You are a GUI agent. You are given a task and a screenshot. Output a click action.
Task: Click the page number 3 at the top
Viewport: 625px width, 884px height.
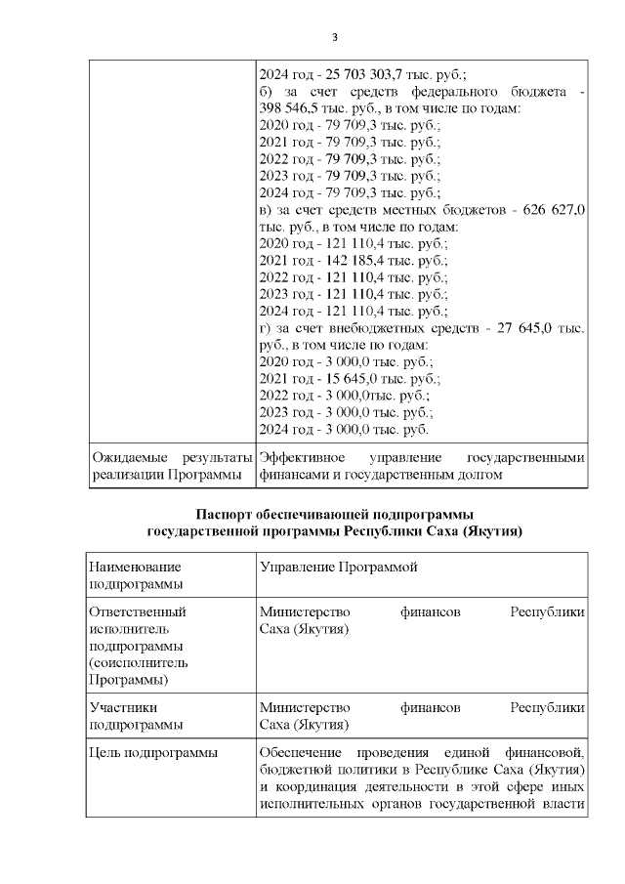(x=335, y=38)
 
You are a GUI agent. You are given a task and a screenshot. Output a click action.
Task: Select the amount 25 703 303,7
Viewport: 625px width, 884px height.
(x=375, y=73)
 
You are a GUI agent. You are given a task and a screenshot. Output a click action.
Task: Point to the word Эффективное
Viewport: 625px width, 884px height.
(x=301, y=457)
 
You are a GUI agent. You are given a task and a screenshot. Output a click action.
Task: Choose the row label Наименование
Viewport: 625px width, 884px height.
(x=135, y=567)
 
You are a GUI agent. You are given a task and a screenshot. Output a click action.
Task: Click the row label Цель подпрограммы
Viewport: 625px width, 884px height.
(x=152, y=752)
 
